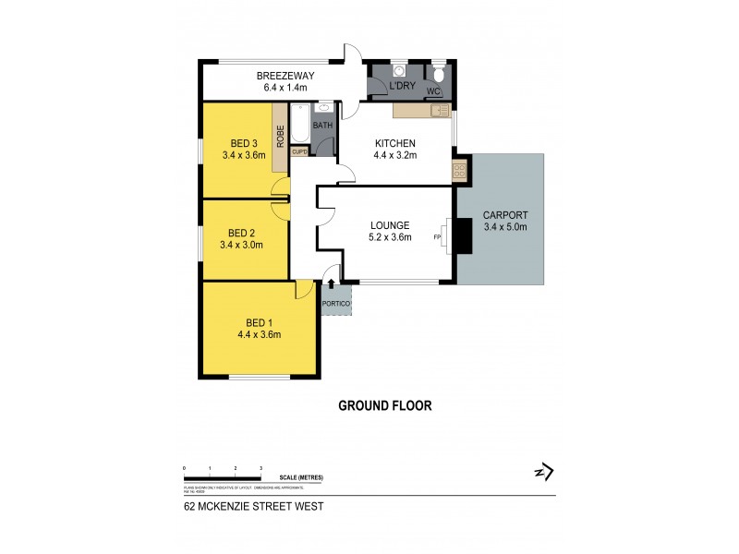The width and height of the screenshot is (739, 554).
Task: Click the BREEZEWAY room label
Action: (282, 76)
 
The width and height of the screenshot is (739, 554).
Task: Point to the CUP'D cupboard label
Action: (299, 152)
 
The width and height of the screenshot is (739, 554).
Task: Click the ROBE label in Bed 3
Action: (279, 137)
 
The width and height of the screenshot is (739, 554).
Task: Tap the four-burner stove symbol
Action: (459, 170)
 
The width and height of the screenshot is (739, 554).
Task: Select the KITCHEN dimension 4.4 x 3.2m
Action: (395, 155)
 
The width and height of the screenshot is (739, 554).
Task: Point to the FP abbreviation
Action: (438, 237)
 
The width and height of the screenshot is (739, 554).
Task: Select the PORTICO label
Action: (335, 303)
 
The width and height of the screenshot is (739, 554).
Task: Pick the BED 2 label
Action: (241, 233)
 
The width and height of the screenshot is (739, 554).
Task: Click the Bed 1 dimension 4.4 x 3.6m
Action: (259, 334)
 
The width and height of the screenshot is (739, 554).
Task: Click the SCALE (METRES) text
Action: (304, 476)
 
